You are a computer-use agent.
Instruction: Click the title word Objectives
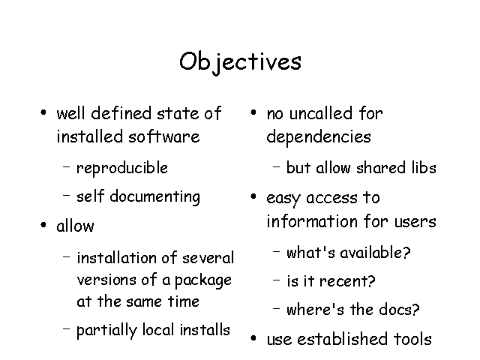[240, 62]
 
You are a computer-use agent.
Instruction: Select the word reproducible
[122, 168]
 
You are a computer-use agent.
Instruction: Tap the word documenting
[155, 196]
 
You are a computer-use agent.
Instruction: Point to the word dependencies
[319, 136]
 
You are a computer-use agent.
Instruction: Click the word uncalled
[321, 113]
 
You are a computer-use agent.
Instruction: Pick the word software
[163, 136]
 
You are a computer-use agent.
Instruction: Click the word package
[203, 280]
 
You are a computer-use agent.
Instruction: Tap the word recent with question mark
[346, 281]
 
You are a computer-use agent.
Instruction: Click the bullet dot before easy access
[253, 196]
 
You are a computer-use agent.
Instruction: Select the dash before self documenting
[67, 195]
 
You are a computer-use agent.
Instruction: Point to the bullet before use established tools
[253, 338]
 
